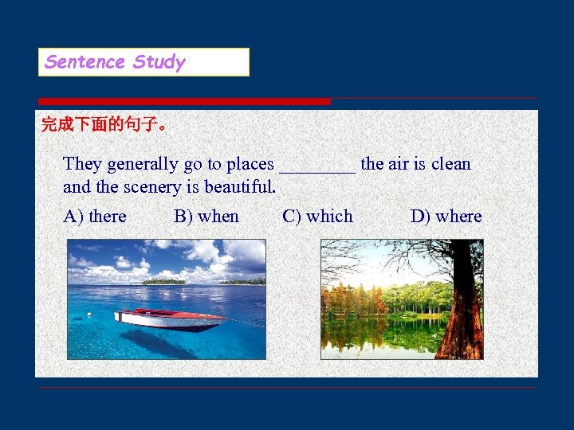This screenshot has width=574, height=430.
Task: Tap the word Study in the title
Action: click(159, 62)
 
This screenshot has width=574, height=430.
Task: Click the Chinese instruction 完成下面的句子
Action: click(103, 125)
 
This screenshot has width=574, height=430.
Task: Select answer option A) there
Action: click(95, 217)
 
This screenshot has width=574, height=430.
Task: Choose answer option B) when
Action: click(206, 217)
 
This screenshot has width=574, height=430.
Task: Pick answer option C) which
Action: click(317, 217)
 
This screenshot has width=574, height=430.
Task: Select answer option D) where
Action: click(446, 217)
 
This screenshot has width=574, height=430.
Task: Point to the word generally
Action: click(143, 165)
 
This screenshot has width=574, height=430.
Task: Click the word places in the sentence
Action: click(250, 165)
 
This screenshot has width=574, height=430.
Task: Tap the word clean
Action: click(451, 165)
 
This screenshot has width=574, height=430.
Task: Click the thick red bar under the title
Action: click(184, 101)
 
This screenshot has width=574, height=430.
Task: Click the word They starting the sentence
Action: click(82, 165)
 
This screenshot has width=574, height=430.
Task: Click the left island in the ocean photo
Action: click(163, 280)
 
